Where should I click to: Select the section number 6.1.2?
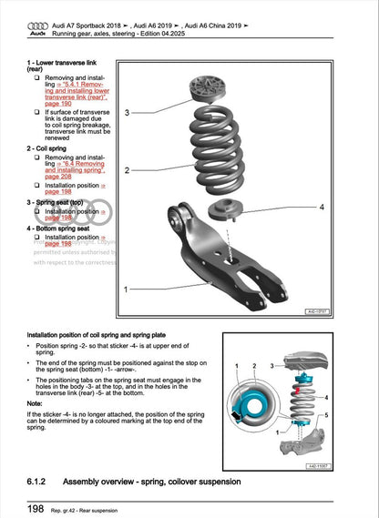(41, 480)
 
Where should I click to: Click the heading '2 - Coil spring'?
(52, 146)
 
